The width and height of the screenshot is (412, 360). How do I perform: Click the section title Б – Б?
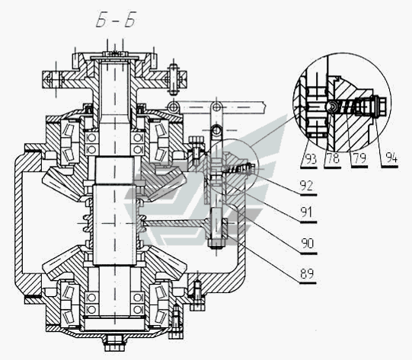[117, 20]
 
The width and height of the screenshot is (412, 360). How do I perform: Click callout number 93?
[311, 159]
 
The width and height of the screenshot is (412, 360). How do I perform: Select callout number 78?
[333, 158]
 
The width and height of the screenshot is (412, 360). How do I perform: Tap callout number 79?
[359, 158]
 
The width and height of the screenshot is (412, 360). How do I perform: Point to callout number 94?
[391, 158]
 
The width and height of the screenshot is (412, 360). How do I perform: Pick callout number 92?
[306, 186]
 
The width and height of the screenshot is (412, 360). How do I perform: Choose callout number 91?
[307, 212]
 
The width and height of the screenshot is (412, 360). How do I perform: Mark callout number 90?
[308, 244]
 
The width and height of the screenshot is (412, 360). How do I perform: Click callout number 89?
[307, 274]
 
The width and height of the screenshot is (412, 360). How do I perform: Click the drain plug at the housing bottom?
[114, 343]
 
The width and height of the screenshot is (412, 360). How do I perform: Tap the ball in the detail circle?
[334, 107]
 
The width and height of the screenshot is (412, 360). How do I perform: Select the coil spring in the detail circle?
[347, 107]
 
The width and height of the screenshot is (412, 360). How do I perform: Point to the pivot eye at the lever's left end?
[173, 107]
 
